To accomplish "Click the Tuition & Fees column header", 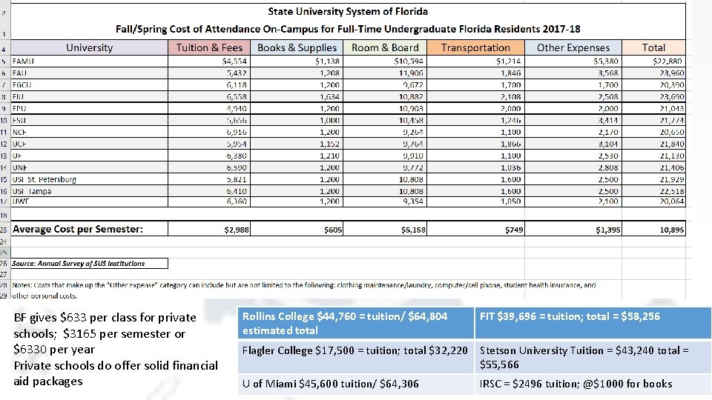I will tap(210, 47).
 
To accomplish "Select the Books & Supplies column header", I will tap(297, 47).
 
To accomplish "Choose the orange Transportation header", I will tap(475, 47).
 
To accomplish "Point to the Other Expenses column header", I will tap(573, 47).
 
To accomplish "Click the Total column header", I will tap(653, 47).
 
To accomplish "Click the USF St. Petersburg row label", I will tap(44, 179).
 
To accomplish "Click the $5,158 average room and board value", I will tap(413, 230).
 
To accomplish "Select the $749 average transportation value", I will tap(513, 230).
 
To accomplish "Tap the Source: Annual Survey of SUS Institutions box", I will tap(89, 263).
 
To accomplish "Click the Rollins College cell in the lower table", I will tap(355, 323).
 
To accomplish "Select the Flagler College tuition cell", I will tap(355, 350).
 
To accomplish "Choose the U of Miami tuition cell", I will tap(355, 384).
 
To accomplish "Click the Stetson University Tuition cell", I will tap(593, 357).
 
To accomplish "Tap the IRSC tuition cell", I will tap(593, 384).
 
